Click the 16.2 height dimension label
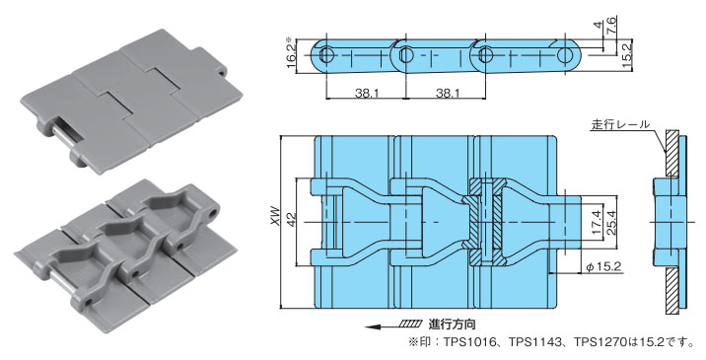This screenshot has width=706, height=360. coord(291,54)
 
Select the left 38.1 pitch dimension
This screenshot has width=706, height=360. coord(366,93)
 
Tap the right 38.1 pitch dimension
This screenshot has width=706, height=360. coord(448,93)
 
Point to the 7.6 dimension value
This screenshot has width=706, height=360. coord(612,21)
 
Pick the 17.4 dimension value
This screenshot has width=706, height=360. coord(597,224)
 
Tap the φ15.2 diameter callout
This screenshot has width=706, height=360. coord(603,266)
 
